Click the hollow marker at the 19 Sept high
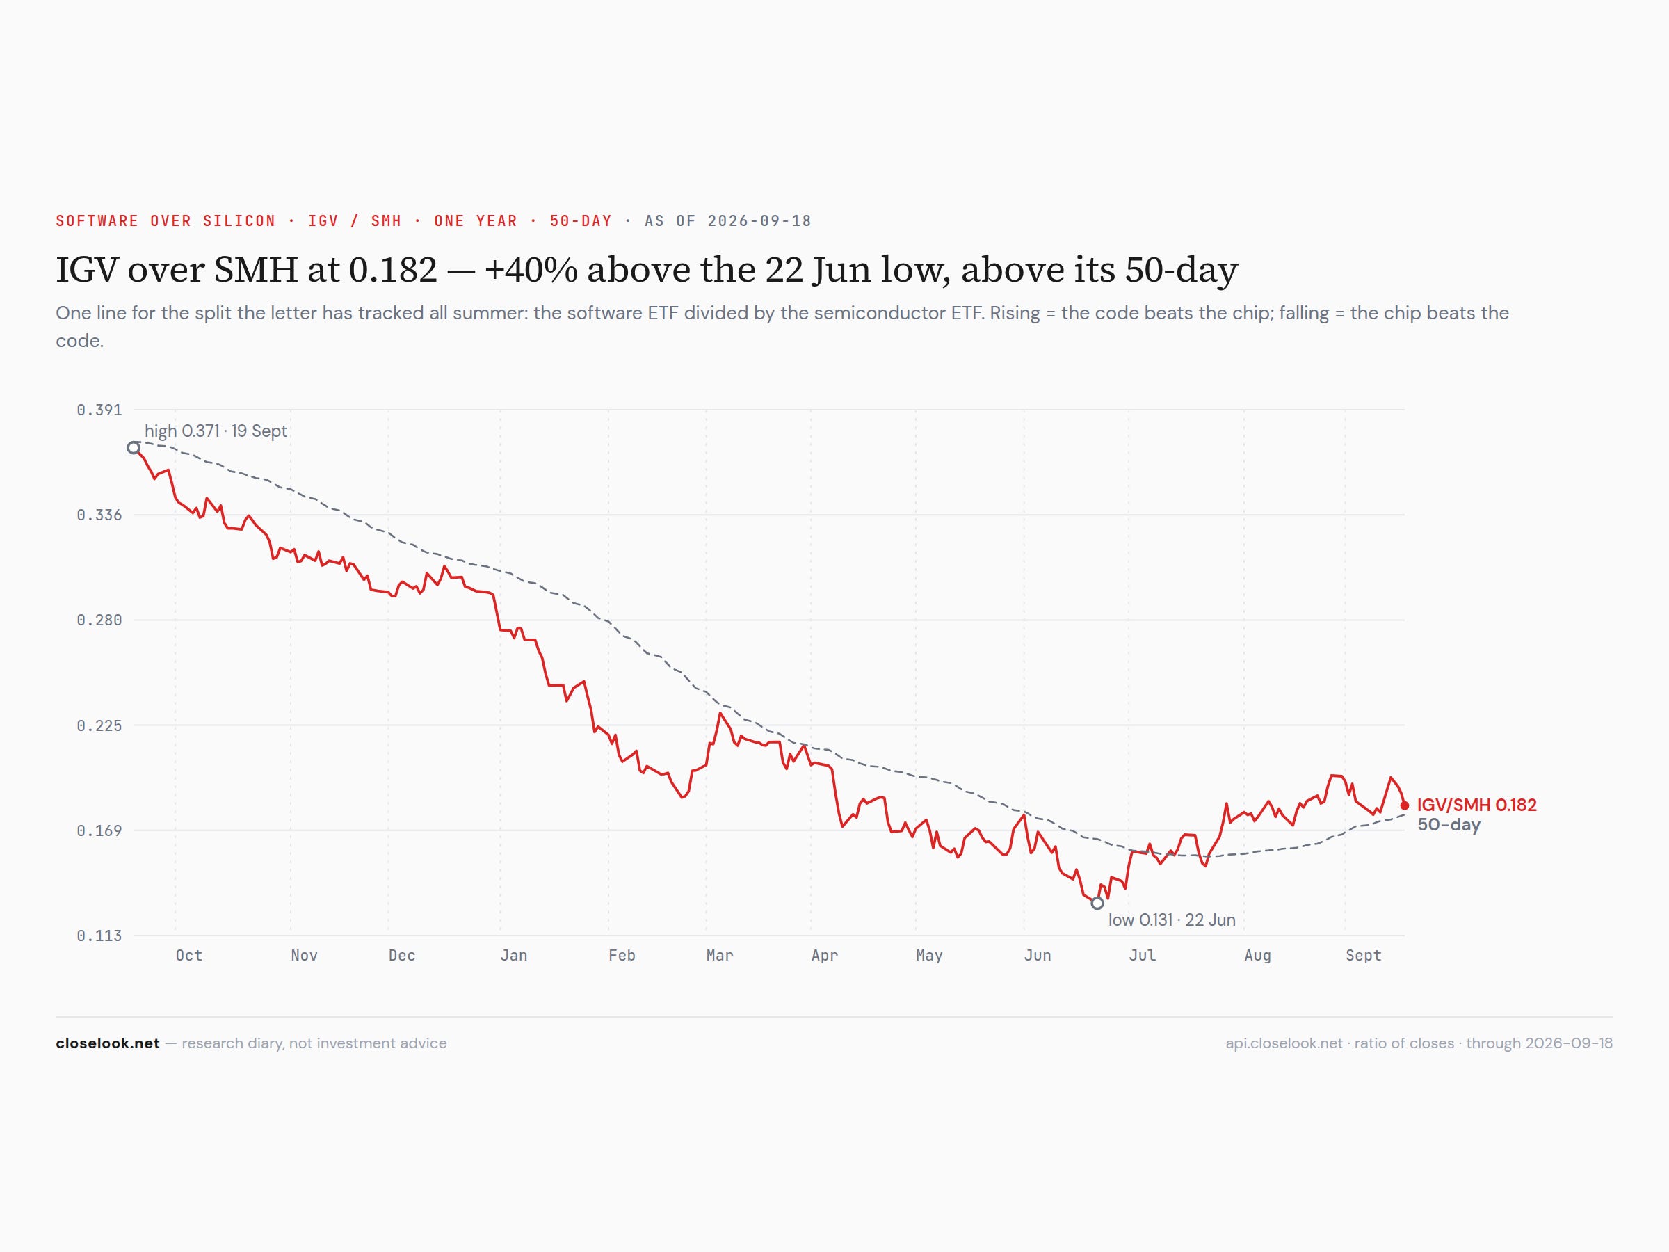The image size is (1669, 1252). [x=134, y=447]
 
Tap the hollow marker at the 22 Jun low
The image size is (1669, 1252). [x=1097, y=903]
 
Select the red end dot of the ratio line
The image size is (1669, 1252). [x=1404, y=805]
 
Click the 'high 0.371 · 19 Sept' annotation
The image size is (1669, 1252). [x=216, y=431]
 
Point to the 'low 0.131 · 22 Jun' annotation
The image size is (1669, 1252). [x=1172, y=920]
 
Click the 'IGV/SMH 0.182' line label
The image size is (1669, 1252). [x=1476, y=805]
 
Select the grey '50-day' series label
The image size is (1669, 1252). [x=1449, y=825]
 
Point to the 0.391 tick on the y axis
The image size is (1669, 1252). [x=99, y=410]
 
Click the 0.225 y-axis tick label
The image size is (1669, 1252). [x=99, y=725]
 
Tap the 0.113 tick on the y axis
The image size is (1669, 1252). [x=99, y=936]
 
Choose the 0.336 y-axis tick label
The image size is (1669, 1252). [x=99, y=515]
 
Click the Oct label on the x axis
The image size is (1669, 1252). [x=188, y=956]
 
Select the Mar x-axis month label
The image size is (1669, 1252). [x=720, y=956]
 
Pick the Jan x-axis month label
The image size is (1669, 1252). [x=514, y=956]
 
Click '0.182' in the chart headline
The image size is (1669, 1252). [x=392, y=269]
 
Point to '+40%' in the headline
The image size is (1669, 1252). [x=531, y=269]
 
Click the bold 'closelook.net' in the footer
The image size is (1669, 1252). [x=108, y=1043]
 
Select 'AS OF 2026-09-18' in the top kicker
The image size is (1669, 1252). [x=728, y=221]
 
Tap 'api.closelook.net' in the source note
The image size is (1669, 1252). [x=1284, y=1043]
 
